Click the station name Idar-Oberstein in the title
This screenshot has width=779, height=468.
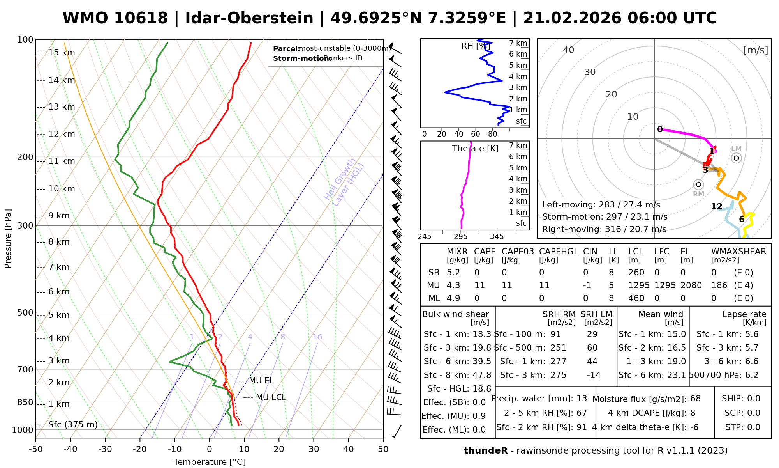pyautogui.click(x=249, y=18)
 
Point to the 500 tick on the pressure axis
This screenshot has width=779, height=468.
pyautogui.click(x=25, y=313)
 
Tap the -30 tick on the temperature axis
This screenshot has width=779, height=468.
pyautogui.click(x=105, y=449)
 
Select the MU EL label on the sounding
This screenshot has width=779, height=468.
pyautogui.click(x=261, y=381)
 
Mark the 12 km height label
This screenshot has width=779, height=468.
pyautogui.click(x=62, y=134)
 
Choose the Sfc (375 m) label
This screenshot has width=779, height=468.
pyautogui.click(x=73, y=425)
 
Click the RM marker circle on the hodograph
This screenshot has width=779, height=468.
pyautogui.click(x=698, y=184)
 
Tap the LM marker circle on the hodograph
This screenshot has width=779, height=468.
pyautogui.click(x=736, y=158)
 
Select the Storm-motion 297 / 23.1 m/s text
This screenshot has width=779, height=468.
pyautogui.click(x=605, y=217)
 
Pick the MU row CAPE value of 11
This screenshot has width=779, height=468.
pyautogui.click(x=479, y=285)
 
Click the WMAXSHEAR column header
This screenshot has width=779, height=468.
pyautogui.click(x=738, y=252)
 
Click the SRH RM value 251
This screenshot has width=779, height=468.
pyautogui.click(x=558, y=348)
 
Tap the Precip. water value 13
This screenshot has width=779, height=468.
pyautogui.click(x=582, y=399)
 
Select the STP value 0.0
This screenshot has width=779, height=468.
pyautogui.click(x=754, y=427)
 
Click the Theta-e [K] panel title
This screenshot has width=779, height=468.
pyautogui.click(x=475, y=149)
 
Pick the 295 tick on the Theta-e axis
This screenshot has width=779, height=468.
pyautogui.click(x=461, y=237)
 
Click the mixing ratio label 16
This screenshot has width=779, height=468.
pyautogui.click(x=317, y=337)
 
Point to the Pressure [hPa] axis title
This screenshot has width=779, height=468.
pyautogui.click(x=8, y=239)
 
